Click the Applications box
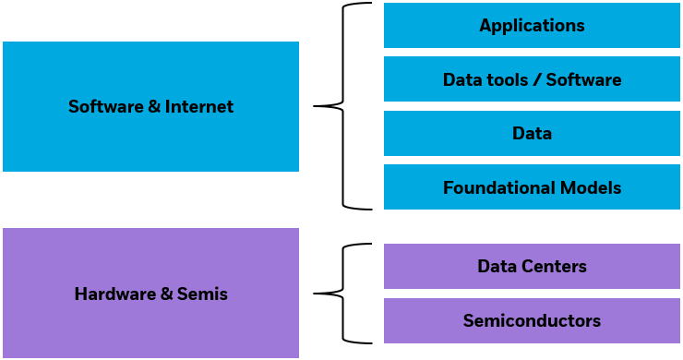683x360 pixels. pos(532,25)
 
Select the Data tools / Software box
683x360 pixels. pos(532,79)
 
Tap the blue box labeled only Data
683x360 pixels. pos(532,134)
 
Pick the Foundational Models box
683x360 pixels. pos(532,188)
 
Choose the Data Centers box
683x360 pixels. pos(532,267)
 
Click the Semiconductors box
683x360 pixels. pos(532,321)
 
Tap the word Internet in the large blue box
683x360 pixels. pos(199,107)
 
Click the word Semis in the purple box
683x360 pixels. pos(207,294)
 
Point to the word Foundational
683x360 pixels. pos(498,188)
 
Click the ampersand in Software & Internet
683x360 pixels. pos(153,107)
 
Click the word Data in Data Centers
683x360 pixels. pos(495,267)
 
